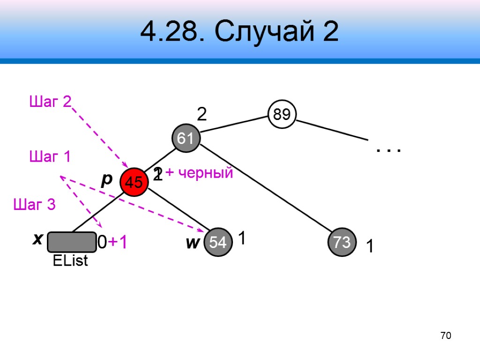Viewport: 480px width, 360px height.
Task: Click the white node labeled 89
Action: pyautogui.click(x=282, y=114)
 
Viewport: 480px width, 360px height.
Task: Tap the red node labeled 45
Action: pyautogui.click(x=134, y=182)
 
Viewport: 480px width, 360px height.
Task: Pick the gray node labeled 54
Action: pyautogui.click(x=218, y=242)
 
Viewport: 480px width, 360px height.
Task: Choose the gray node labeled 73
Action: pyautogui.click(x=342, y=242)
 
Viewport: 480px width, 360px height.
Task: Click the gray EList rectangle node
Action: pyautogui.click(x=72, y=242)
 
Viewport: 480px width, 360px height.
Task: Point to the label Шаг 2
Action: pyautogui.click(x=50, y=101)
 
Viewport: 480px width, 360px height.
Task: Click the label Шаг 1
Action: pyautogui.click(x=50, y=156)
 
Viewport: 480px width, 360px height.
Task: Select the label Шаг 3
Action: pyautogui.click(x=34, y=204)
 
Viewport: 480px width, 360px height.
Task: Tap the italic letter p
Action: pyautogui.click(x=107, y=179)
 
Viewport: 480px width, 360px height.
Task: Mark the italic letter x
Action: pyautogui.click(x=37, y=240)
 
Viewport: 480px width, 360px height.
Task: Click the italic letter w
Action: pyautogui.click(x=192, y=243)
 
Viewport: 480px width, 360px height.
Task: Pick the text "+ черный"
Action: pyautogui.click(x=199, y=173)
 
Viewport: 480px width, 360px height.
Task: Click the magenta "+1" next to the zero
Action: pyautogui.click(x=118, y=242)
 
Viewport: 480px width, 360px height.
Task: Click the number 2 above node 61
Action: pyautogui.click(x=202, y=114)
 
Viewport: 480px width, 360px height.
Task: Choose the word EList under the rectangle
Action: pyautogui.click(x=71, y=261)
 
